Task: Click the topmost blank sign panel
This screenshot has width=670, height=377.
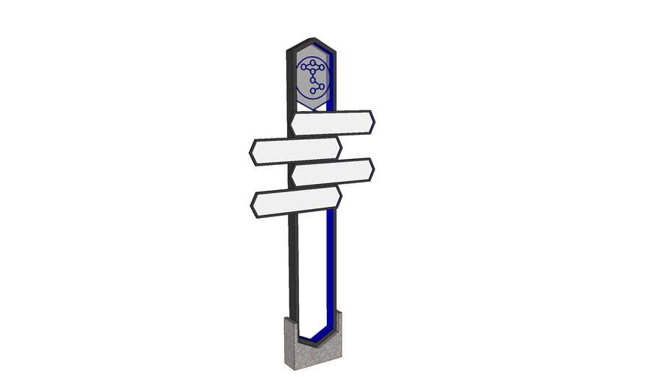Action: (331, 123)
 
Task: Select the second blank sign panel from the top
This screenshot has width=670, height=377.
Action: (295, 149)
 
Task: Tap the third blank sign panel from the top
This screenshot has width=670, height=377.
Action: (332, 172)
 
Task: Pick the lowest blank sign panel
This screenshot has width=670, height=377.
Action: (296, 202)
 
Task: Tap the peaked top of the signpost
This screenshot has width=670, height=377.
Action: (314, 38)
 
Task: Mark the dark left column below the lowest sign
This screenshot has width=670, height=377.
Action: (292, 265)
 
